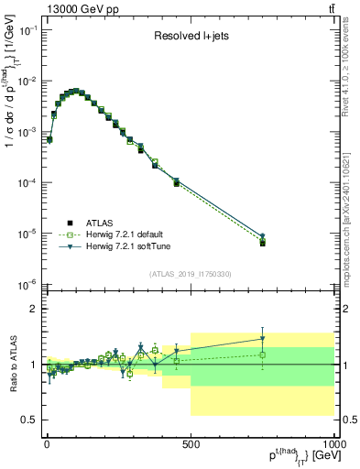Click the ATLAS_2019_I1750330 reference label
pyautogui.click(x=190, y=273)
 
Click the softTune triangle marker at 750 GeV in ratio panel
pyautogui.click(x=262, y=339)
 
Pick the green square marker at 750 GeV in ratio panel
pyautogui.click(x=262, y=354)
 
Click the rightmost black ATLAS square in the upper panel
pyautogui.click(x=262, y=244)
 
